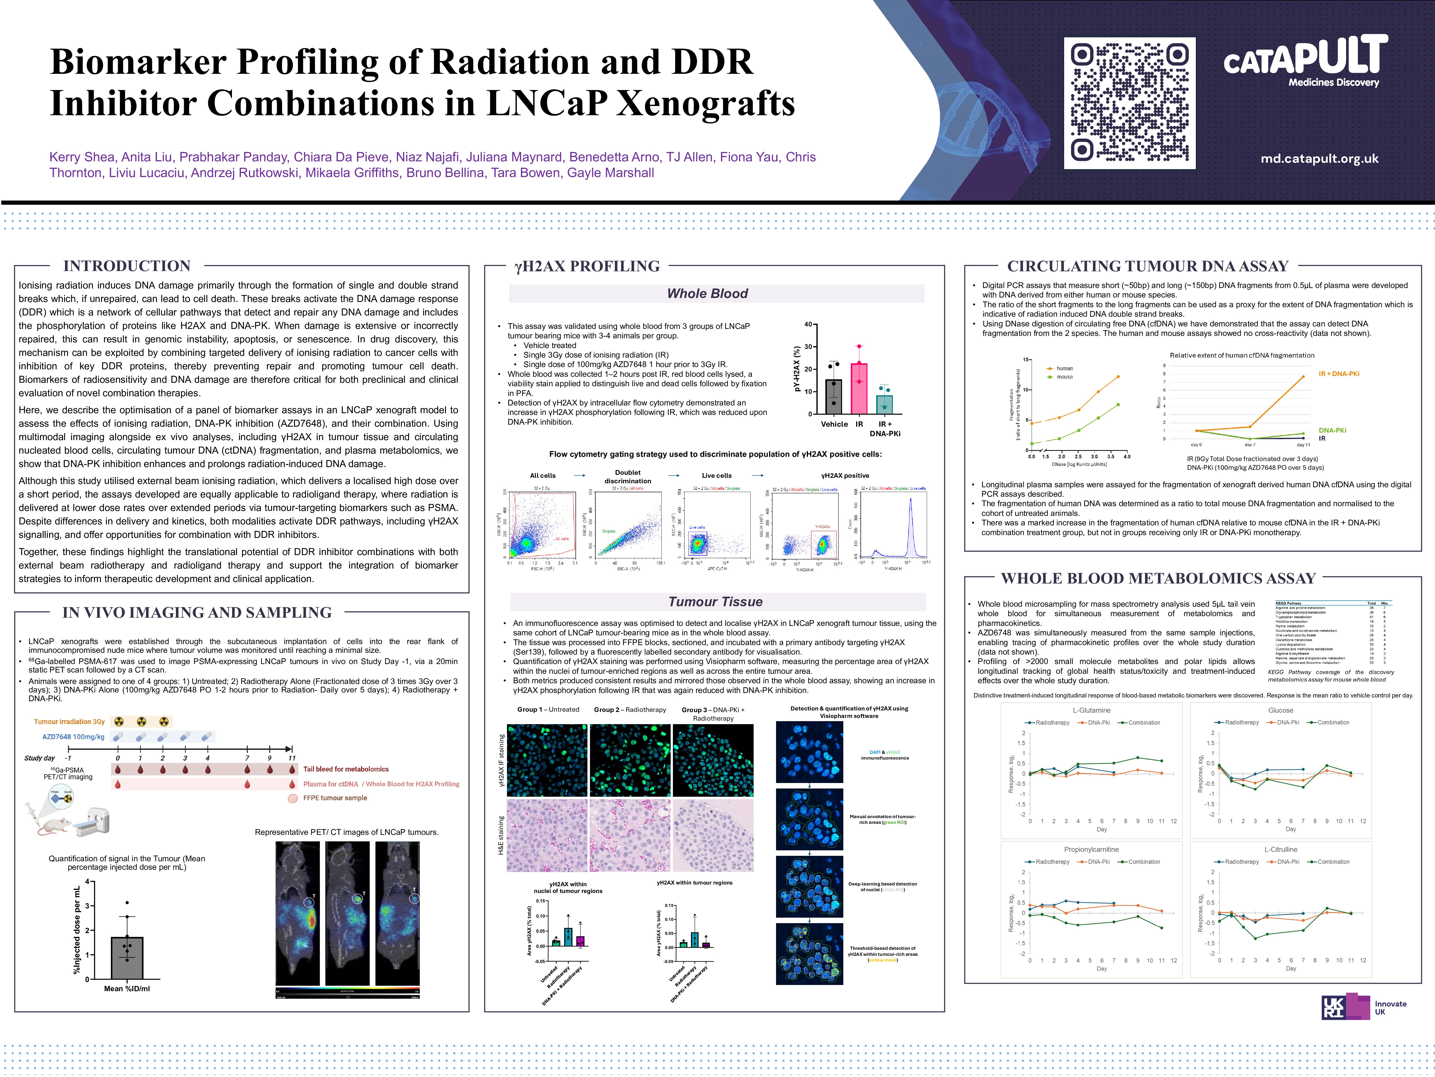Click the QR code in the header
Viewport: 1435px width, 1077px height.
1130,102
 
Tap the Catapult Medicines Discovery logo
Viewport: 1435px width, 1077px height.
1305,62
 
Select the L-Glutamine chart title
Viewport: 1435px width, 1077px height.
1091,710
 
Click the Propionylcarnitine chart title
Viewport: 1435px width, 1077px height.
1091,849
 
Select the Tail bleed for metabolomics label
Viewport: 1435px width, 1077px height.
346,769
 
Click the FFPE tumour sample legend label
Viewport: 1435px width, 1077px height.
335,798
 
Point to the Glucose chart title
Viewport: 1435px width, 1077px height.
1281,710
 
